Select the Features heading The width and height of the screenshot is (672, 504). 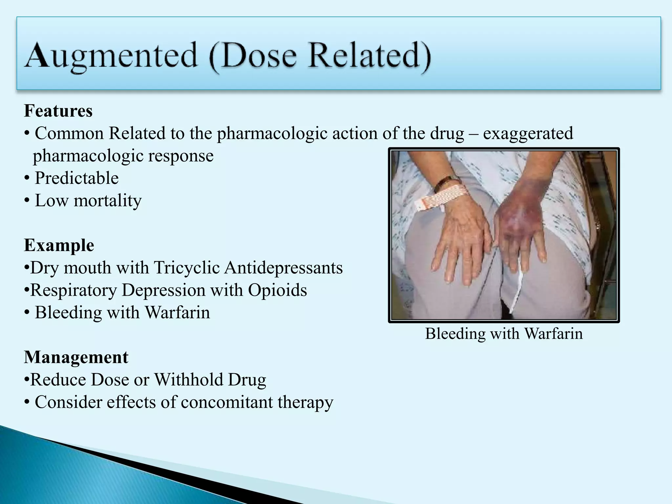[58, 111]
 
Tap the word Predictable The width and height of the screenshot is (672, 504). [76, 178]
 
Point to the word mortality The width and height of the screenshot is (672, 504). [108, 200]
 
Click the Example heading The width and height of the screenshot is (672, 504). [59, 245]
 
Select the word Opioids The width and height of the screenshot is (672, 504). [277, 290]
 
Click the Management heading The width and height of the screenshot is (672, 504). [76, 357]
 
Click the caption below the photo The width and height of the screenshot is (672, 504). [504, 334]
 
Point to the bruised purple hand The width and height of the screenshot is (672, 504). [518, 226]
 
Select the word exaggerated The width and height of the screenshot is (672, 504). [528, 134]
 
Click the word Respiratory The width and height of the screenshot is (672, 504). [73, 290]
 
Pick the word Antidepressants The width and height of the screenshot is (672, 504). [283, 268]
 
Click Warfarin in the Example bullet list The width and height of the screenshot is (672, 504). [177, 312]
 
